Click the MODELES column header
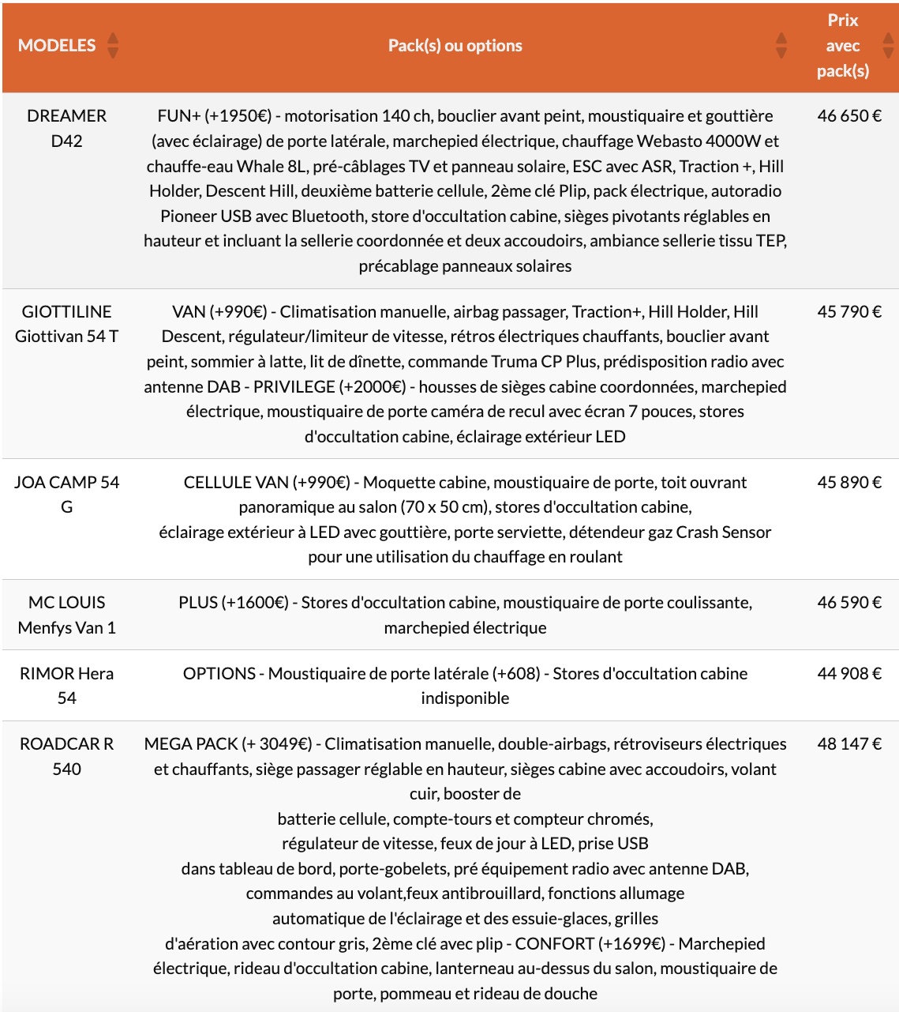57,46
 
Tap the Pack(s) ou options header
455,46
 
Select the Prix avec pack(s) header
842,46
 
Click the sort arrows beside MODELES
113,46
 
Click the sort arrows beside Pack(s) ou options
781,46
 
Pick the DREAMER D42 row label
66,128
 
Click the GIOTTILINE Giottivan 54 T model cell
66,324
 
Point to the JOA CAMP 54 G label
66,495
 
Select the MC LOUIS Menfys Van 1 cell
66,615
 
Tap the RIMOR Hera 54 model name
66,686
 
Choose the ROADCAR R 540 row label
66,756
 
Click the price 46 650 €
849,116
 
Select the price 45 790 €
849,312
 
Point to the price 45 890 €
849,483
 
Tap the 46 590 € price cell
849,603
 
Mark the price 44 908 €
849,674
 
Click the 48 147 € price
849,744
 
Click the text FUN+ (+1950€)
214,116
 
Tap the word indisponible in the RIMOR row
465,698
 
